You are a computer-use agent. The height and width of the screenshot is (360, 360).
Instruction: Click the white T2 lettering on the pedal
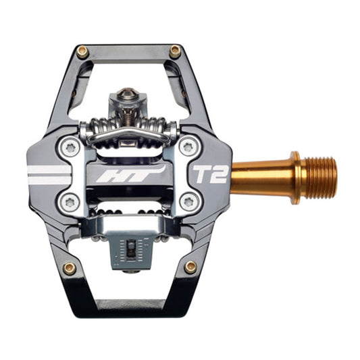pyautogui.click(x=211, y=174)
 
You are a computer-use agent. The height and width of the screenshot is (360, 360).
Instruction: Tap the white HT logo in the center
pyautogui.click(x=131, y=174)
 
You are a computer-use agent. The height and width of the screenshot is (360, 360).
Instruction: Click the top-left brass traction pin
pyautogui.click(x=82, y=52)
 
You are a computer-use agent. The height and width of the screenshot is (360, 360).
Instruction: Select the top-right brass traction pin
pyautogui.click(x=175, y=51)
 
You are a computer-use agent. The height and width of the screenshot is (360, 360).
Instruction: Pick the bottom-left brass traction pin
pyautogui.click(x=70, y=269)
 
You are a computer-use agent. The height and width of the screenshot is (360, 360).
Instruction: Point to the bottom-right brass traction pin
pyautogui.click(x=190, y=267)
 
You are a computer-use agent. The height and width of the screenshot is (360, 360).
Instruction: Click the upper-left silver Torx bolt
pyautogui.click(x=70, y=148)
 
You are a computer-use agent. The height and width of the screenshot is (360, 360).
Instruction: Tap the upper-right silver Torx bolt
pyautogui.click(x=189, y=147)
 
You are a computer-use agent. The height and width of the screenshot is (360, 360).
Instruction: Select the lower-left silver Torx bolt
pyautogui.click(x=70, y=203)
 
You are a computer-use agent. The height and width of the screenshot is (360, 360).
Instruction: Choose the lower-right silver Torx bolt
pyautogui.click(x=189, y=202)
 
